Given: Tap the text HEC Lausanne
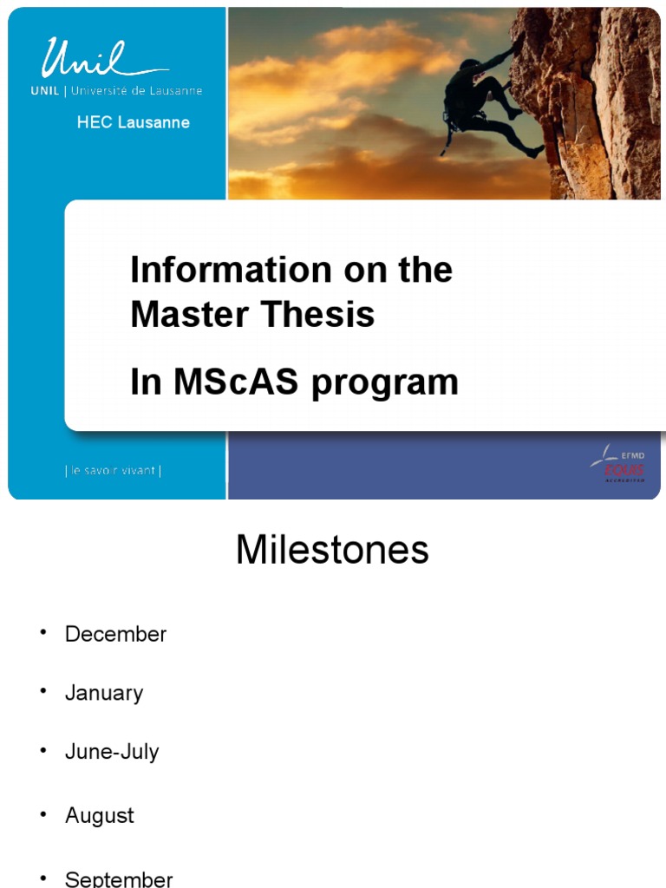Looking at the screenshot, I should (133, 122).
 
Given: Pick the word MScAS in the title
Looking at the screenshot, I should (234, 382).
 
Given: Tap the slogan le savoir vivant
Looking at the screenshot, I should (113, 471).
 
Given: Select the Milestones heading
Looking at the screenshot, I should (332, 550).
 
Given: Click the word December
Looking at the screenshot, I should (115, 634).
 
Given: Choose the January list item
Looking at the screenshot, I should (104, 693).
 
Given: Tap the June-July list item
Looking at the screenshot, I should (112, 752).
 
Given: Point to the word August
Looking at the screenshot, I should (100, 816).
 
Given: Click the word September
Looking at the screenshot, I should (119, 878).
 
